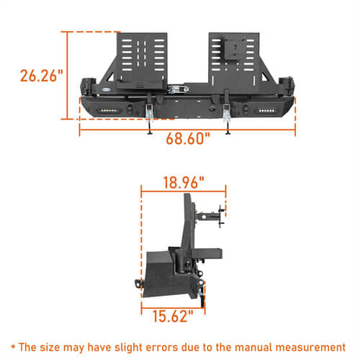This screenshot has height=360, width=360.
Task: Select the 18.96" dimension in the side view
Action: [184, 181]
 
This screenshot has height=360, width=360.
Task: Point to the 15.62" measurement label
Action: [173, 314]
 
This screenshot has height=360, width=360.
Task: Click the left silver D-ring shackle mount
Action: [150, 112]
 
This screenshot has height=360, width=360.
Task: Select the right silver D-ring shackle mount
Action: [226, 112]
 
